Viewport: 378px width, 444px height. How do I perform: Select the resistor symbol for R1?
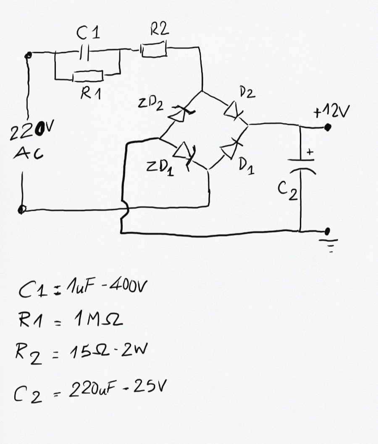(88, 76)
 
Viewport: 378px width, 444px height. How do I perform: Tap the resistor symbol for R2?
(154, 49)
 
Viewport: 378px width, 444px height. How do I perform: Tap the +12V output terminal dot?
(328, 128)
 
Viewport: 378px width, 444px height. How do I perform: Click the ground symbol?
(329, 245)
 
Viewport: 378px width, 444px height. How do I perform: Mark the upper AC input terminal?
(28, 55)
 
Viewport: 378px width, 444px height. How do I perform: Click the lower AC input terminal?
(21, 209)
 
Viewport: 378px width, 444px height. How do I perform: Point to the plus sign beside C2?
(310, 152)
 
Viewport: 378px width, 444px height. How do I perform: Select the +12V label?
(331, 112)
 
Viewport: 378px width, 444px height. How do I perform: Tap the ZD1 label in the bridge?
(160, 168)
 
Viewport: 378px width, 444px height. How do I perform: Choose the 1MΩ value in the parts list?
(98, 320)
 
